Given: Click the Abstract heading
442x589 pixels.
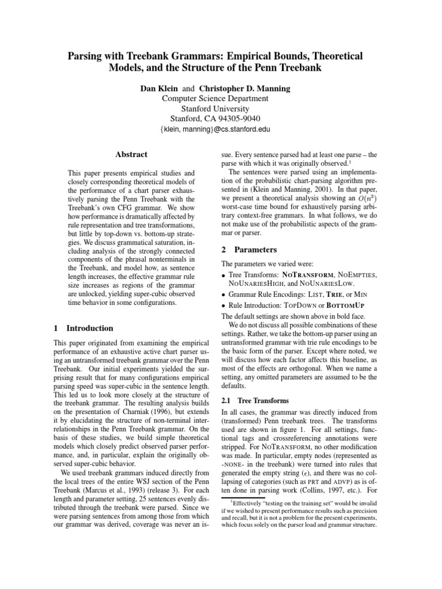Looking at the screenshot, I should [x=131, y=154].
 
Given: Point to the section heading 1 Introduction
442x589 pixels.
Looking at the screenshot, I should [x=83, y=328].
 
